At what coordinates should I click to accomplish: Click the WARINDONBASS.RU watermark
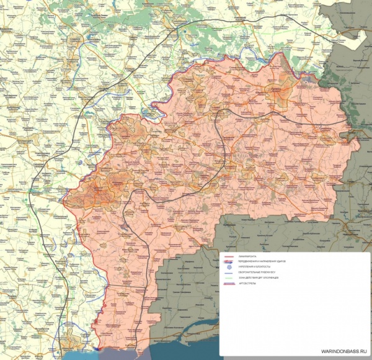pos(340,352)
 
